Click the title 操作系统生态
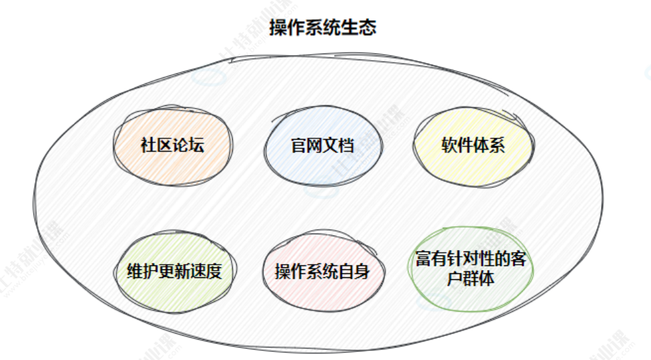coord(323,28)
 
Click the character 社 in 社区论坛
coord(148,146)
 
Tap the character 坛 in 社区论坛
coord(196,146)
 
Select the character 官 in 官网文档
coord(298,146)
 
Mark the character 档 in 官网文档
coord(347,146)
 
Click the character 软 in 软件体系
coord(449,145)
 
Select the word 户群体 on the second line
coord(471,278)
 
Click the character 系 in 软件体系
coord(498,145)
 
